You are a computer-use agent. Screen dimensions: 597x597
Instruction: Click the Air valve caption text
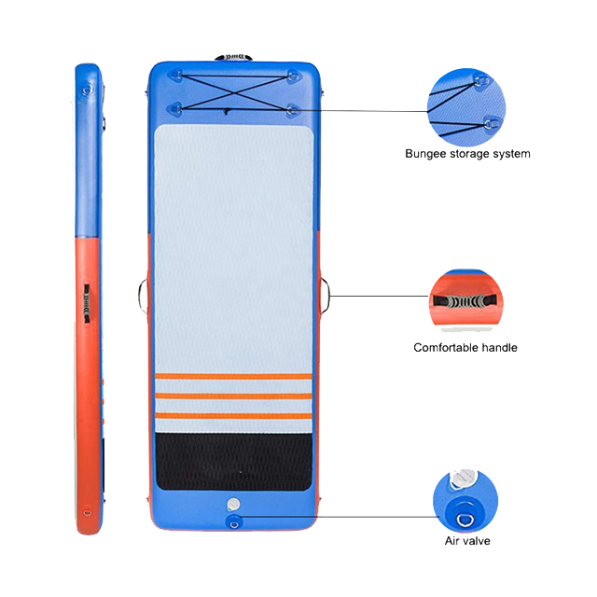[x=467, y=541]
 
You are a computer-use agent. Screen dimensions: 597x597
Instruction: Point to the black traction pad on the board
[x=234, y=462]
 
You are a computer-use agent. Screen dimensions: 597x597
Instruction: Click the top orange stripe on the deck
[x=234, y=376]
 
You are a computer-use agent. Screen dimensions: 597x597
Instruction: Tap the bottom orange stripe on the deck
[x=234, y=415]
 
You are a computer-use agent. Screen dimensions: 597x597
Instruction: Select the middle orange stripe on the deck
[x=234, y=396]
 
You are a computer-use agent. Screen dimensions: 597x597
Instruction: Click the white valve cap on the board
[x=233, y=505]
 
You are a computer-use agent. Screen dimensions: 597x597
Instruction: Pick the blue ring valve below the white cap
[x=234, y=521]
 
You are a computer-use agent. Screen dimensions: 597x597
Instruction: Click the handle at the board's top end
[x=233, y=57]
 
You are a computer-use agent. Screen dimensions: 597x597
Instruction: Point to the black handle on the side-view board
[x=87, y=303]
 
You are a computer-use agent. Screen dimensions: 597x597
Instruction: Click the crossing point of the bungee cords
[x=234, y=92]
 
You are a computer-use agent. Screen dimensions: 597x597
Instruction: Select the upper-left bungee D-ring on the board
[x=177, y=75]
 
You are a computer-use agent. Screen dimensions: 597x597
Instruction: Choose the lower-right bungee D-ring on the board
[x=292, y=110]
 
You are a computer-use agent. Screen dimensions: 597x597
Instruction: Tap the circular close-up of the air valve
[x=465, y=501]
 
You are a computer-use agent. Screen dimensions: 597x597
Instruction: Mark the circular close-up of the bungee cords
[x=466, y=107]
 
